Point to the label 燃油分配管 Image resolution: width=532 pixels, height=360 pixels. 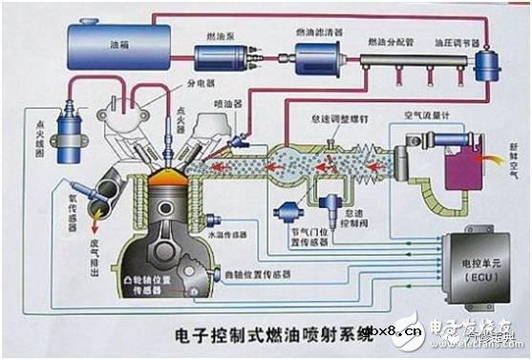[x=391, y=43]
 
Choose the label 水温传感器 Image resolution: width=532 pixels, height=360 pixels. [x=225, y=232]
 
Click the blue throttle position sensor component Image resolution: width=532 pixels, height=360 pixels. [x=287, y=212]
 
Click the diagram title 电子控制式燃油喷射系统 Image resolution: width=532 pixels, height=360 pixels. [x=258, y=334]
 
